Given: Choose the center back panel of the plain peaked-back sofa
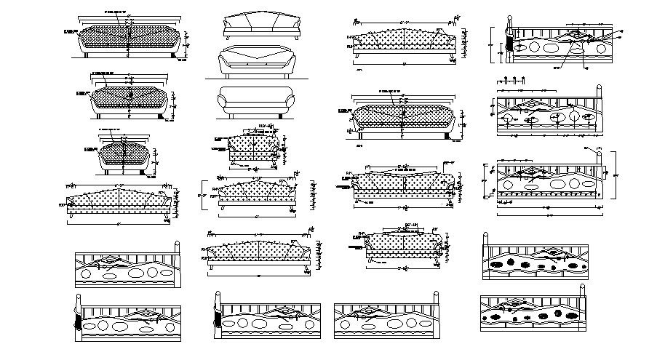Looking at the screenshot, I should point(262,22).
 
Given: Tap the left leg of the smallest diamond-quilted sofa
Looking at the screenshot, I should point(108,173).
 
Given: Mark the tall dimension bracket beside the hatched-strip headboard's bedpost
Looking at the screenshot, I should point(613,175).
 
